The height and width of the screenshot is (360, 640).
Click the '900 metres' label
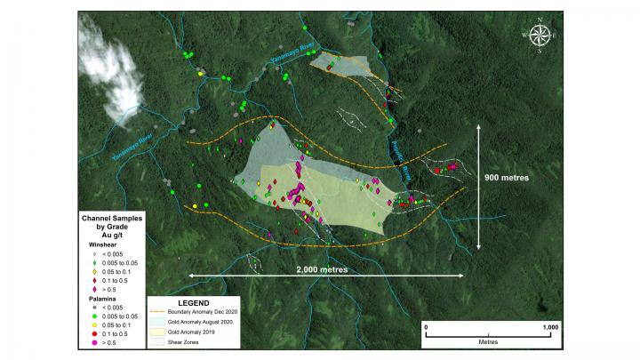tap(507, 177)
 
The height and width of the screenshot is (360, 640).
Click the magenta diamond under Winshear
tap(95, 290)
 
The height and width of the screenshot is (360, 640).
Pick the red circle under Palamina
tap(95, 334)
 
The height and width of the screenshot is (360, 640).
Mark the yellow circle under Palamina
tap(95, 325)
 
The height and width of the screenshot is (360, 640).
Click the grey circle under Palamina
tap(95, 308)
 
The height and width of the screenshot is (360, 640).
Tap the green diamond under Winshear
tap(95, 263)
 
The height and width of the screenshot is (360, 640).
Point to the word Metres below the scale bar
tap(488, 341)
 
